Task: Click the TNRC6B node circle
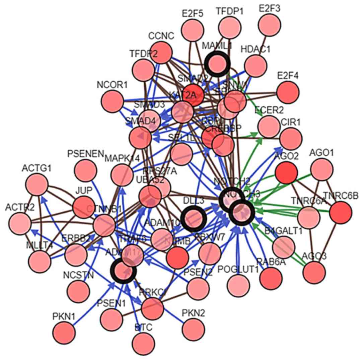(341, 213)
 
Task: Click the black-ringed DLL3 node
(193, 219)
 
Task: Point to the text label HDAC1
(256, 50)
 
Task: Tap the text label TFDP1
(230, 11)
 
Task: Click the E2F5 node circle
(193, 29)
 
